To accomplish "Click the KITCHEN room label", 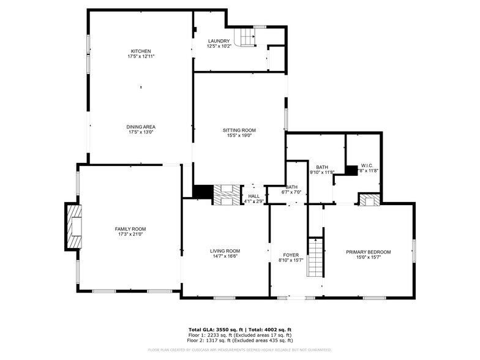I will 140,51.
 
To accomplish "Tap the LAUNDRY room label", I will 219,41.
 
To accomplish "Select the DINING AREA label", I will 140,127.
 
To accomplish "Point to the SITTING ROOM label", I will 239,130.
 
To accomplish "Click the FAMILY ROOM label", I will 130,229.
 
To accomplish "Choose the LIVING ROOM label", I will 225,251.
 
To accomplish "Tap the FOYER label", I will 290,255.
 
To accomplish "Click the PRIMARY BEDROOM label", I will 368,252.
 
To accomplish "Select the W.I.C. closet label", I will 367,165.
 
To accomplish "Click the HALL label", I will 253,196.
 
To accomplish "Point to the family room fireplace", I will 73,227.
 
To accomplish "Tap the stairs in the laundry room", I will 246,39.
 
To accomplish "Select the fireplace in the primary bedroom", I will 367,200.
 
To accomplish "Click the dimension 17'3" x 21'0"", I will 130,234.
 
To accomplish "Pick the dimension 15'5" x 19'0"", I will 239,136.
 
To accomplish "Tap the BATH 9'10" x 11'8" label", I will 322,170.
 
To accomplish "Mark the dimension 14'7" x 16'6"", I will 225,257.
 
